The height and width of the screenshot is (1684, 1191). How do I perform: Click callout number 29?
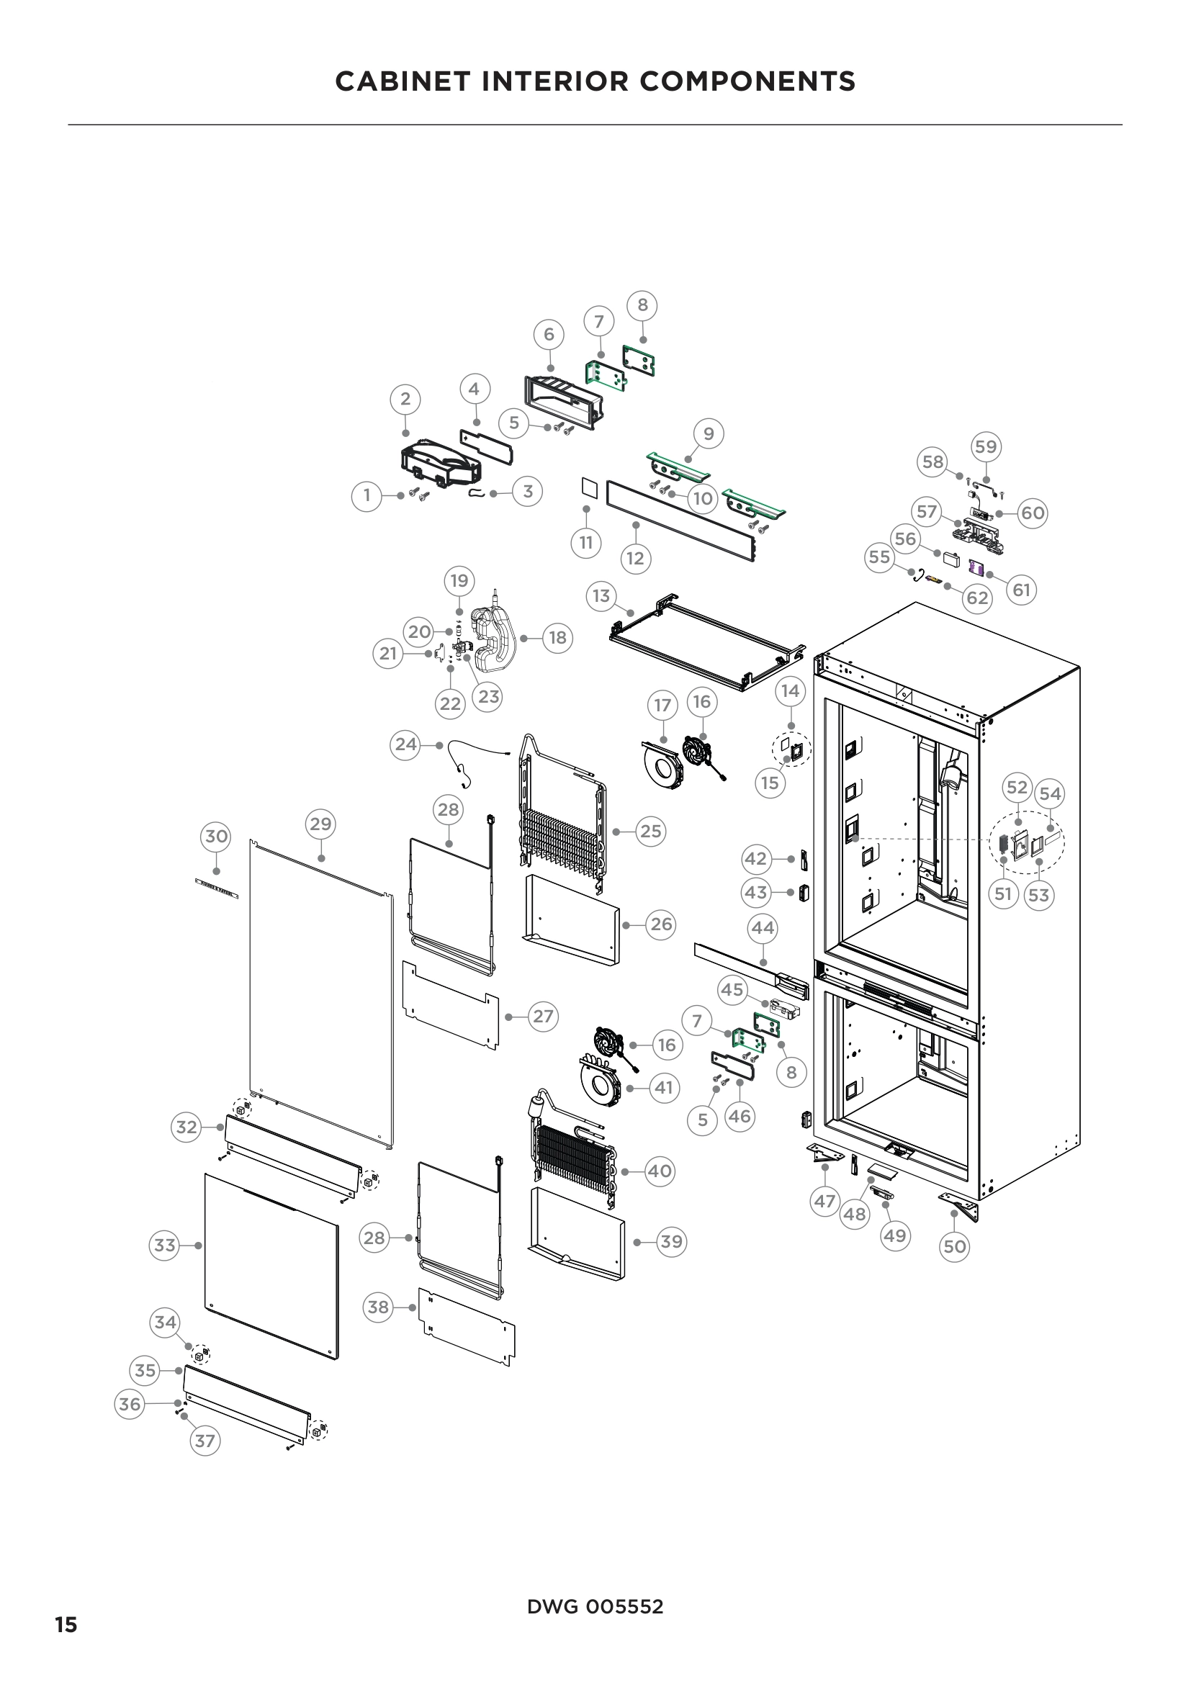point(320,824)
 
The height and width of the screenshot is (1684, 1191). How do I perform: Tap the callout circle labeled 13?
point(601,595)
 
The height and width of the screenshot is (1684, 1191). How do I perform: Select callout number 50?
point(954,1246)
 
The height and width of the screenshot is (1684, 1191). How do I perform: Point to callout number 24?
point(405,744)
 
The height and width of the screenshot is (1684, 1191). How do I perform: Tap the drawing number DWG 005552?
point(595,1607)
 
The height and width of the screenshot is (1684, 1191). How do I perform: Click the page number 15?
point(66,1624)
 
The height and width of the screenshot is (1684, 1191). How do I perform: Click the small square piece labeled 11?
point(586,486)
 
